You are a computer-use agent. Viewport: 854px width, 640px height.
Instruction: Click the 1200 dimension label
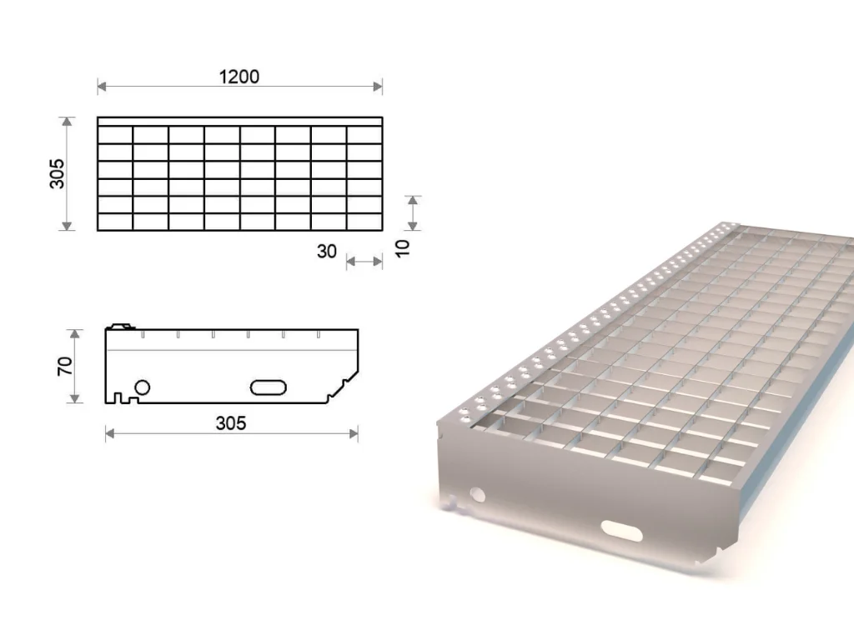pyautogui.click(x=239, y=77)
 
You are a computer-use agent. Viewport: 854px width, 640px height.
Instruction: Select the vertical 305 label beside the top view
pyautogui.click(x=58, y=173)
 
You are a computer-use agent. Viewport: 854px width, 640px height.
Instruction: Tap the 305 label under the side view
pyautogui.click(x=231, y=422)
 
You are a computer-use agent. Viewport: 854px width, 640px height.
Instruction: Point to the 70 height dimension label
pyautogui.click(x=65, y=366)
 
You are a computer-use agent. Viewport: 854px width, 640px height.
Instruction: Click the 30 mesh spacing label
pyautogui.click(x=327, y=252)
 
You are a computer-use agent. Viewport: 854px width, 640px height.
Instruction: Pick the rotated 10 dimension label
pyautogui.click(x=402, y=248)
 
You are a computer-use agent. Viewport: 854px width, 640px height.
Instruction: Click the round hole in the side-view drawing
pyautogui.click(x=142, y=387)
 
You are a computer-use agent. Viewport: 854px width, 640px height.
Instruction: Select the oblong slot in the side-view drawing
pyautogui.click(x=269, y=387)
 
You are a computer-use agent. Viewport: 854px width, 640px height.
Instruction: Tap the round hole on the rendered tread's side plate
pyautogui.click(x=478, y=495)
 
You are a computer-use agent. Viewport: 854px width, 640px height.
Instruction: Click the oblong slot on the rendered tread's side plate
pyautogui.click(x=621, y=531)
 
